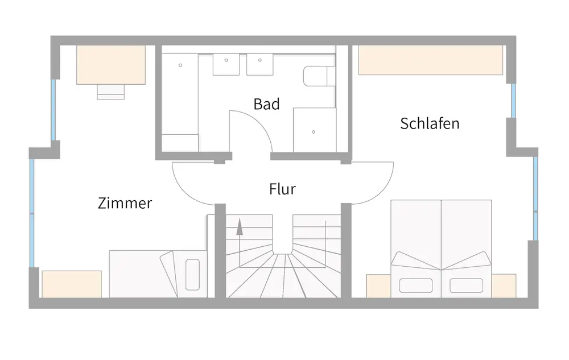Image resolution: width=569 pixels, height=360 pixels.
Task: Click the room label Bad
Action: tap(266, 104)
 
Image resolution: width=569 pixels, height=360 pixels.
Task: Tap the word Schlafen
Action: tap(430, 123)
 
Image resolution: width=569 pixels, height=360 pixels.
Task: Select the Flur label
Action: tap(282, 189)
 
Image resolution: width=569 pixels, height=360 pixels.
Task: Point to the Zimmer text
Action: tap(125, 203)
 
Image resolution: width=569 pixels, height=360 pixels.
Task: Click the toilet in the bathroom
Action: tap(319, 76)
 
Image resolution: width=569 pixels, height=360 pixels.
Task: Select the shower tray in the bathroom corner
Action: tap(314, 129)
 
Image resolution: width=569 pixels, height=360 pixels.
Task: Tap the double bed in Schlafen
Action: tap(441, 248)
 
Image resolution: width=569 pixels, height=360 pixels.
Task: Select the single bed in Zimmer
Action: tap(158, 274)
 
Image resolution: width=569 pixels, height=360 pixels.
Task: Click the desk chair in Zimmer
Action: tap(110, 91)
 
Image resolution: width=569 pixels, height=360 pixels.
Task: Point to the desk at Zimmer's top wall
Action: tap(111, 65)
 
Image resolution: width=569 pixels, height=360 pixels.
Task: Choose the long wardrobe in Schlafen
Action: tap(431, 60)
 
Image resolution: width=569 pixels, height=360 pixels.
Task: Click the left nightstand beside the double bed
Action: tap(377, 285)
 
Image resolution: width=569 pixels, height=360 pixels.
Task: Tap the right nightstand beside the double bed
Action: tap(504, 285)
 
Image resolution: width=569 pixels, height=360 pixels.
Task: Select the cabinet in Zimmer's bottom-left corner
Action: tap(72, 284)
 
